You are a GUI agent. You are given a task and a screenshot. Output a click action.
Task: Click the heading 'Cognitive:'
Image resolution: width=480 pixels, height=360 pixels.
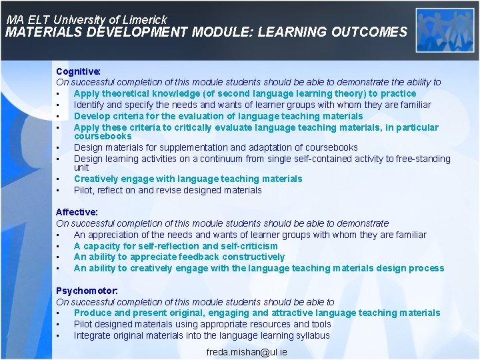pos(78,71)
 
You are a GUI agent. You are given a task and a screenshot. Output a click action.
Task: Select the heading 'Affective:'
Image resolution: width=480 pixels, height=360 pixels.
pos(77,212)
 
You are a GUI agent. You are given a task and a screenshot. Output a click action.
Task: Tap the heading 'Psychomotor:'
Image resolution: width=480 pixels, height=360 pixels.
pos(87,291)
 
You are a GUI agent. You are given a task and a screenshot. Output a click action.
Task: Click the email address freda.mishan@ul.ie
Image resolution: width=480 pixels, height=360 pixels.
pos(247,351)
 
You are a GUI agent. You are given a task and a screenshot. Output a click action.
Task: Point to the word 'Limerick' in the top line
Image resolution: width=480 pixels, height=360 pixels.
pos(144,20)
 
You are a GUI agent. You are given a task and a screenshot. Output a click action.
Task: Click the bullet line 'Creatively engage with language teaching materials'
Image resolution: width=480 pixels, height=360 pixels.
pos(188,179)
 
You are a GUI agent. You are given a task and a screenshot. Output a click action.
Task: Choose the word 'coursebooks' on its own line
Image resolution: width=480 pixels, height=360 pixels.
pos(103,136)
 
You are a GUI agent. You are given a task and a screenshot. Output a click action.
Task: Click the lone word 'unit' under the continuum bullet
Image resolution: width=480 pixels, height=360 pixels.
pos(81,167)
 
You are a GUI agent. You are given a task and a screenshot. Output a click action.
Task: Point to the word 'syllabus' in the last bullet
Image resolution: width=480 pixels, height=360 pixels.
pos(313,335)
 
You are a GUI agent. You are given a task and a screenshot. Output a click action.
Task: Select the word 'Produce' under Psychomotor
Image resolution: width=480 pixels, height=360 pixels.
pos(93,313)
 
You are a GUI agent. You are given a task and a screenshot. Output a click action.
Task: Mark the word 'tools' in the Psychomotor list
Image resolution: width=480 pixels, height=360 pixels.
pos(321,324)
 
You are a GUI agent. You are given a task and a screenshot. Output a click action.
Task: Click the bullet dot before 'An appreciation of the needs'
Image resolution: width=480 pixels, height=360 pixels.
pos(59,235)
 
